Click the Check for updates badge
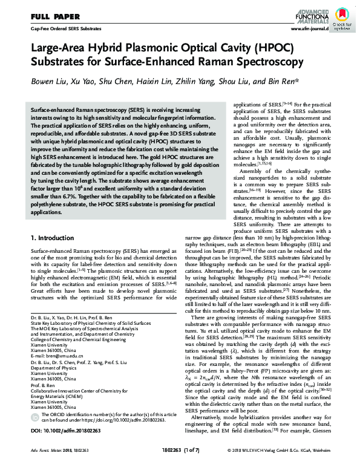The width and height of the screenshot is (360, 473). click(x=342, y=19)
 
